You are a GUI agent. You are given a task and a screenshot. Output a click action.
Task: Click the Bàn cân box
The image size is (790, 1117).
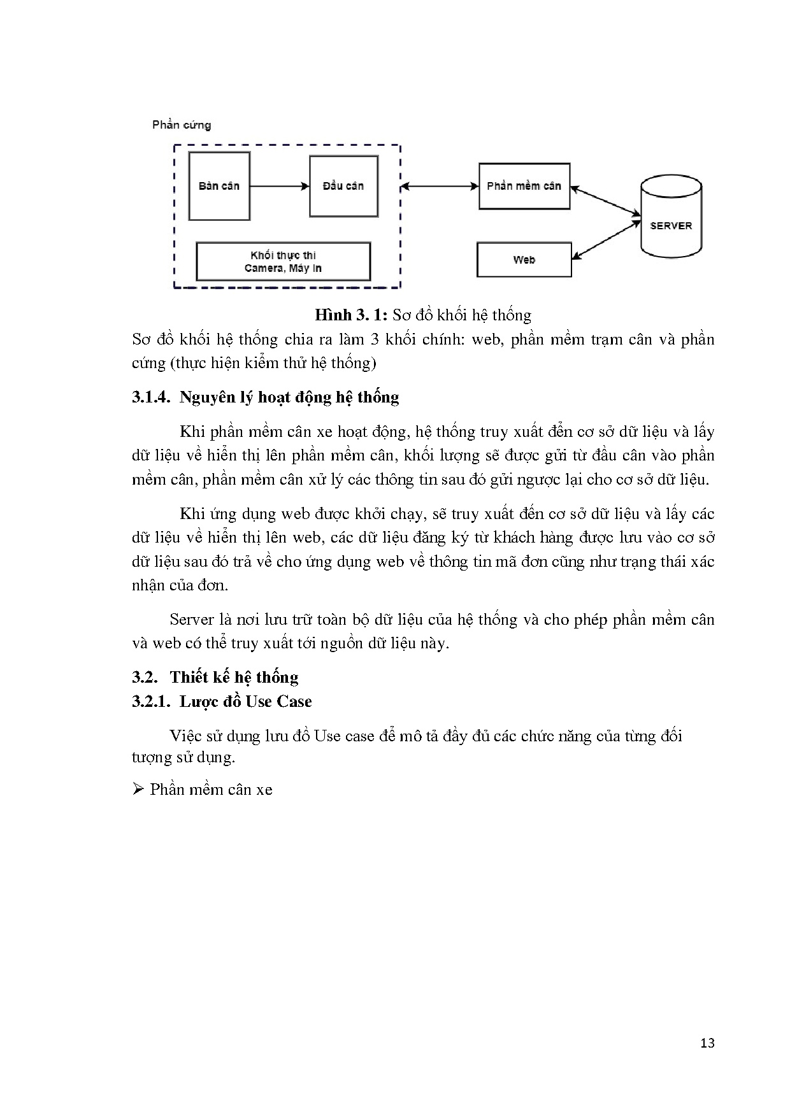(219, 186)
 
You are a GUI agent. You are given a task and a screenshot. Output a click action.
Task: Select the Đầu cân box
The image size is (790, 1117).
(343, 186)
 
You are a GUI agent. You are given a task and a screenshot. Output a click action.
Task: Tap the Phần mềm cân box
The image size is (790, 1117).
(524, 186)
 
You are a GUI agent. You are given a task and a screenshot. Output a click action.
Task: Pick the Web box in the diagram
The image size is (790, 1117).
(524, 260)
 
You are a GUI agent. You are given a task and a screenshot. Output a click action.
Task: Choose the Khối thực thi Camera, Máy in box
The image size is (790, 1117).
(283, 262)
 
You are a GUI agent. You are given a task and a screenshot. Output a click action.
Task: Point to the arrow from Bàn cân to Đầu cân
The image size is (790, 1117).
(279, 186)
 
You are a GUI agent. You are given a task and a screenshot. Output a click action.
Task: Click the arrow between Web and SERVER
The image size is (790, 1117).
(606, 241)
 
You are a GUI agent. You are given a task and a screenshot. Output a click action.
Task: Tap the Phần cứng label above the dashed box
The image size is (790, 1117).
(182, 125)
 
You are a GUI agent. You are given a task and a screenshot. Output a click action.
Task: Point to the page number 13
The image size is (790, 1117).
(707, 1043)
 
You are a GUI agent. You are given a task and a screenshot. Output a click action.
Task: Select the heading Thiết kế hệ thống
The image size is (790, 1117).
(234, 678)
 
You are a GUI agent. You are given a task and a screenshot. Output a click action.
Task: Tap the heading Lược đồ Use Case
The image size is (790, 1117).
(245, 702)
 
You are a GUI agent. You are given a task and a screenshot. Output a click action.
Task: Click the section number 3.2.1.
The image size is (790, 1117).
(152, 702)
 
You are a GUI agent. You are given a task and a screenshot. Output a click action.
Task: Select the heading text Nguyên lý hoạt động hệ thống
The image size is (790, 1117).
(289, 397)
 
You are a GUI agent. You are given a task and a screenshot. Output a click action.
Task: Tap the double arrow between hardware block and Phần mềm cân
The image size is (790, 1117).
(440, 186)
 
